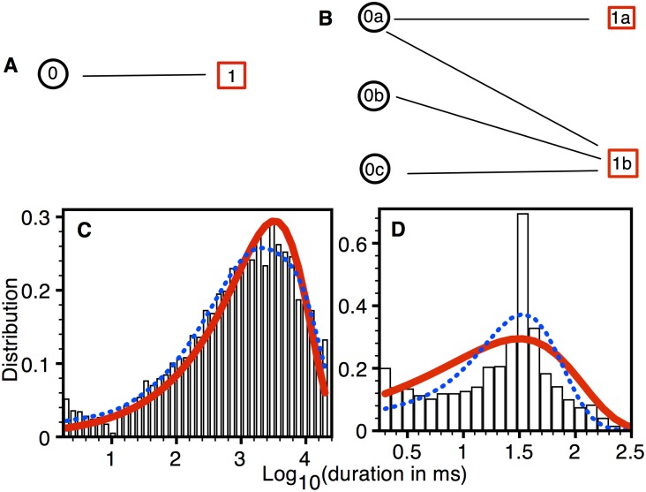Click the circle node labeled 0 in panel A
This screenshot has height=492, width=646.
[x=53, y=76]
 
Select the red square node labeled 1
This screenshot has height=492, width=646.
[x=230, y=77]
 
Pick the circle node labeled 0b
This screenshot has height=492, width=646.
[x=374, y=96]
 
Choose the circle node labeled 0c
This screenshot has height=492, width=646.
[x=374, y=168]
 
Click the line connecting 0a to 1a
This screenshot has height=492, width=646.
[x=494, y=19]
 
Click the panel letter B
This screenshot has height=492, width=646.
[x=324, y=18]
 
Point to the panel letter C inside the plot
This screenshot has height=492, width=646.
[x=85, y=235]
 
